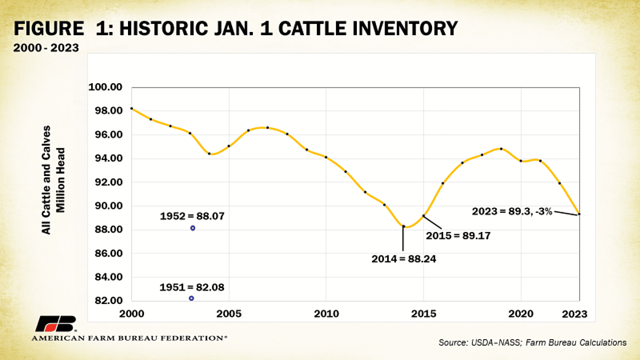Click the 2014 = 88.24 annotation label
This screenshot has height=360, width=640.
point(403,260)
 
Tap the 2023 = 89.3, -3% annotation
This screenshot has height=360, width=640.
point(511,211)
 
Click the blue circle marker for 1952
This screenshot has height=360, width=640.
point(193,228)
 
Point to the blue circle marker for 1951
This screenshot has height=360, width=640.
point(191,298)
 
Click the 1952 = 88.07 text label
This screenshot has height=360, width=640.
point(192,217)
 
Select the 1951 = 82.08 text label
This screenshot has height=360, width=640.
point(192,287)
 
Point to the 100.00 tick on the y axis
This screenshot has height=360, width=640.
point(108,87)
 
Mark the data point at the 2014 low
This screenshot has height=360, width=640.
point(403,226)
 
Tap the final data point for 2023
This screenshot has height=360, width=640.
point(579,214)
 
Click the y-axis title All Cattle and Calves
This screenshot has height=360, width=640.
point(47,180)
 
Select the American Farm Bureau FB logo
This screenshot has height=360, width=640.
point(56,324)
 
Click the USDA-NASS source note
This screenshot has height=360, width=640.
point(532,343)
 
